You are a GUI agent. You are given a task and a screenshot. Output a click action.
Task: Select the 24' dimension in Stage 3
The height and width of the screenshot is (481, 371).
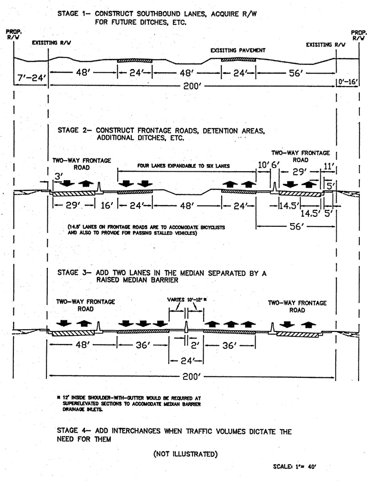click(185, 360)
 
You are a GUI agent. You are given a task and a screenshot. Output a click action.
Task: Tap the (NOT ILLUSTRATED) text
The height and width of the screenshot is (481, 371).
click(185, 454)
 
